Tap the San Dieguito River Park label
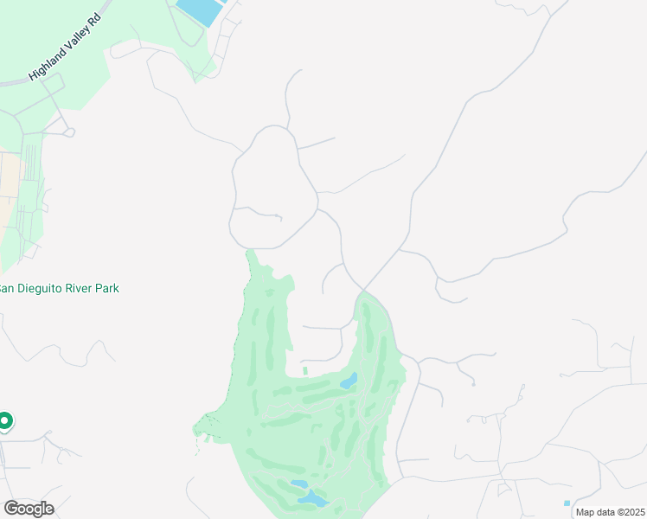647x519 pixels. point(58,288)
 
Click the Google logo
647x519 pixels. point(29,509)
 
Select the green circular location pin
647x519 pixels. point(4,421)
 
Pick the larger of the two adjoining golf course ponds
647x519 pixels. point(313,499)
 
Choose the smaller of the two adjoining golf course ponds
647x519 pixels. point(298,484)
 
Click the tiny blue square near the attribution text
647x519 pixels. point(567,503)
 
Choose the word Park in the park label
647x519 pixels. point(107,288)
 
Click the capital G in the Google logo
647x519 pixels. point(11,509)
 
